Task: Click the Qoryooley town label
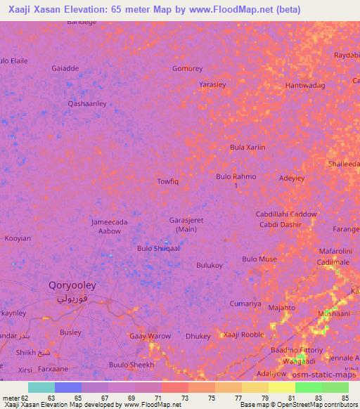(72, 286)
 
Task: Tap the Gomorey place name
(188, 69)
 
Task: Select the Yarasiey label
(212, 84)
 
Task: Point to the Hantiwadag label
(305, 85)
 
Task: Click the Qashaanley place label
(86, 104)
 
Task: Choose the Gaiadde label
(65, 69)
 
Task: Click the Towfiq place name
(167, 181)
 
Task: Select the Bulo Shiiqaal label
(158, 248)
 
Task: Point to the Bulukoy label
(210, 265)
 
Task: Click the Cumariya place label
(245, 304)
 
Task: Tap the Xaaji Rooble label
(243, 335)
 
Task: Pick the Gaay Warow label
(150, 336)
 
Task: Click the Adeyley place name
(292, 178)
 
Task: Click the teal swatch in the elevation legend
(41, 387)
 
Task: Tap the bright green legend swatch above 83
(309, 387)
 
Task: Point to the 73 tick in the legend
(166, 398)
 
